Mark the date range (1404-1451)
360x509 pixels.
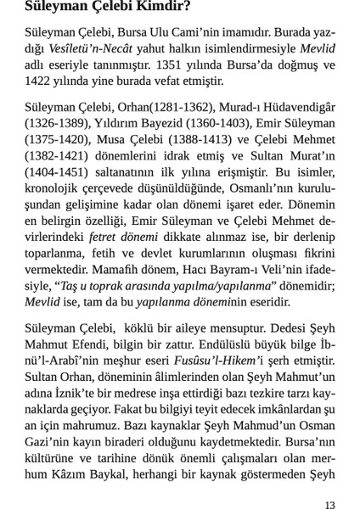52,169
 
